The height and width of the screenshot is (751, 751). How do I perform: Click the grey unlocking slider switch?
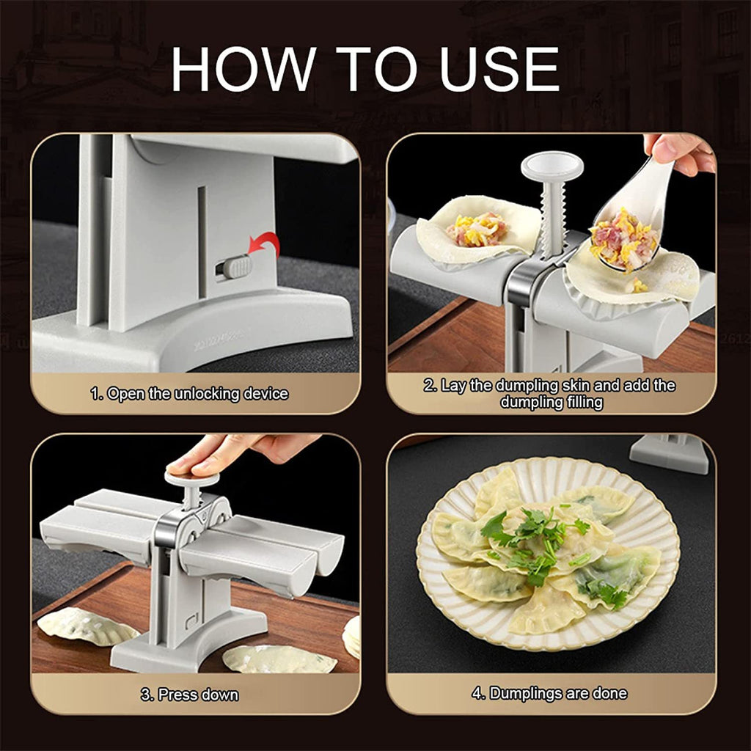pos(235,268)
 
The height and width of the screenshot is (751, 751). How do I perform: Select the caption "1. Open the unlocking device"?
pos(189,394)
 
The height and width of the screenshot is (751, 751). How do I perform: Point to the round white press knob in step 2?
pos(552,166)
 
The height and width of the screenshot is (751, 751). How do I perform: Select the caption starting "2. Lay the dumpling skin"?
pos(549,393)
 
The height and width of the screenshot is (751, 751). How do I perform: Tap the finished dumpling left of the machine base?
pos(77,626)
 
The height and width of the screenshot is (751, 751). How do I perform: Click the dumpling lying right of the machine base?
pos(279,658)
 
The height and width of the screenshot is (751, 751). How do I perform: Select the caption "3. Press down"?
pos(189,694)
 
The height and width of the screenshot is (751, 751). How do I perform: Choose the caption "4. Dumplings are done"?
pos(549,692)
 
